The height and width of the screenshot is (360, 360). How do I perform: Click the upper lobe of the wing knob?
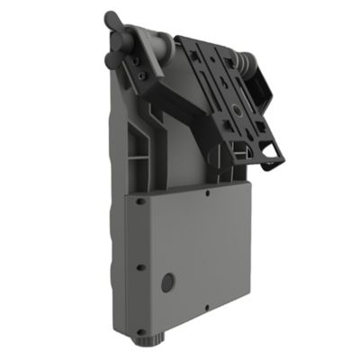111,19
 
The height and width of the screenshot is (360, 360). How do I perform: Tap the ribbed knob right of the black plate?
242,62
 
